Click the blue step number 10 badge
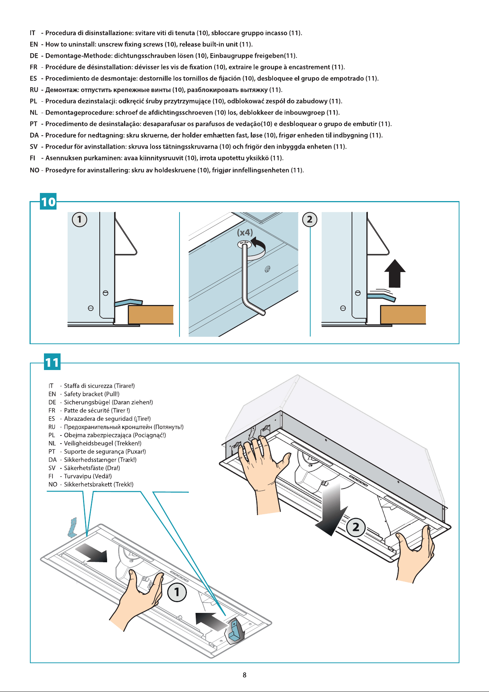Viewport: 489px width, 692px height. [x=48, y=201]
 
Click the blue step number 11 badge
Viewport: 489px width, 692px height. [x=52, y=362]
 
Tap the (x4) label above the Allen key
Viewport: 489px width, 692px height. [x=245, y=233]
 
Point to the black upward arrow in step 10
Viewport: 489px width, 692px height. [x=395, y=273]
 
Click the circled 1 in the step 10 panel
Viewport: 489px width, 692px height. [x=79, y=220]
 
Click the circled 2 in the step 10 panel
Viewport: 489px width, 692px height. [x=310, y=220]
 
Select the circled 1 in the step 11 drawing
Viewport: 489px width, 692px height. [x=177, y=592]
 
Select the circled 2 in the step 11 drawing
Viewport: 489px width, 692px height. [x=356, y=527]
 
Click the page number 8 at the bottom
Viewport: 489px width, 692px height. [x=244, y=675]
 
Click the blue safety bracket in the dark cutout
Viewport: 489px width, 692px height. [x=234, y=631]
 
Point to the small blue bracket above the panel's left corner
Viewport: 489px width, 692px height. [x=72, y=527]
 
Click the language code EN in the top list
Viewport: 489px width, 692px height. [x=34, y=44]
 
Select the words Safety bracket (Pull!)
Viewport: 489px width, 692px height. [x=92, y=394]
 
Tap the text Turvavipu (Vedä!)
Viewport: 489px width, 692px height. [x=88, y=476]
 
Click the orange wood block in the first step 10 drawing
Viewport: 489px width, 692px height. [x=151, y=315]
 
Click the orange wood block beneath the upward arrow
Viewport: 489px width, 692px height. [x=403, y=315]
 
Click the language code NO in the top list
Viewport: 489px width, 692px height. [x=34, y=170]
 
